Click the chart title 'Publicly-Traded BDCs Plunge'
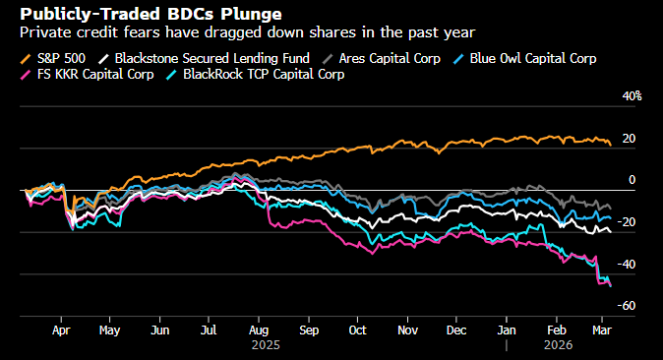[x=151, y=15]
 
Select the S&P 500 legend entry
[x=53, y=58]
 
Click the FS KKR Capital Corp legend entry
[x=88, y=75]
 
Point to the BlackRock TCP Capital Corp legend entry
[x=255, y=75]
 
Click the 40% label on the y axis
[x=632, y=96]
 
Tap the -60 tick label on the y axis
[x=627, y=306]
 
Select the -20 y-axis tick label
[x=627, y=221]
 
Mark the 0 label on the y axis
[x=632, y=180]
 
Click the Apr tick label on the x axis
[x=61, y=330]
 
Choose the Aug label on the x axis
[x=259, y=330]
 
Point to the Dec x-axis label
[x=456, y=330]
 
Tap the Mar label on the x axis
[x=602, y=330]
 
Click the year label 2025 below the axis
[x=266, y=345]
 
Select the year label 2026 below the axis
[x=558, y=345]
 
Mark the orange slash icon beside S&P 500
[x=26, y=59]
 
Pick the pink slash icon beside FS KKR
[x=26, y=75]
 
